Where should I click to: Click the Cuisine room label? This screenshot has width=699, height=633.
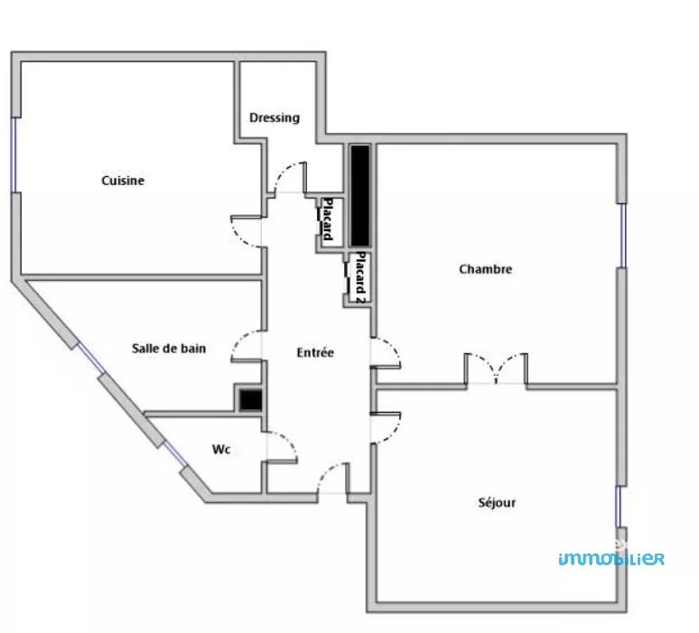pos(123,181)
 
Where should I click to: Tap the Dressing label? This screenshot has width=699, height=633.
pos(275,117)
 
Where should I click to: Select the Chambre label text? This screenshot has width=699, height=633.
pos(486,269)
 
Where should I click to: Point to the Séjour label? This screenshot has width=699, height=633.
pos(497,503)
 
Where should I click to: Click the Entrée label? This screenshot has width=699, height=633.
pos(315,352)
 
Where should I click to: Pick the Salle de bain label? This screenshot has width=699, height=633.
pos(169,349)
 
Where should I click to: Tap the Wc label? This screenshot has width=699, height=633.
pos(221,449)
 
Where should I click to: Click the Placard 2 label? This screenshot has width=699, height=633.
pos(360,278)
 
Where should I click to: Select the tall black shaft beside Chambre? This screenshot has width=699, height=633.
pos(359,196)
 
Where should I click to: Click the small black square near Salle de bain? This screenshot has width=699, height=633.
pos(250,400)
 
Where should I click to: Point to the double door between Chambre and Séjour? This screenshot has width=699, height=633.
pos(496,368)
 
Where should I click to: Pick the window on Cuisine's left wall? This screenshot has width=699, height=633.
pos(15,155)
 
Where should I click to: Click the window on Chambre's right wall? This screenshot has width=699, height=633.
pos(623,236)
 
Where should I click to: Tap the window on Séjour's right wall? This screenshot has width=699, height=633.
pos(619,507)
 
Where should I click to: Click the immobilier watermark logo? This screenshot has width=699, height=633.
pos(611,558)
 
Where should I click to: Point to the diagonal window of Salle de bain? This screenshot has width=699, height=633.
pos(91,358)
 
